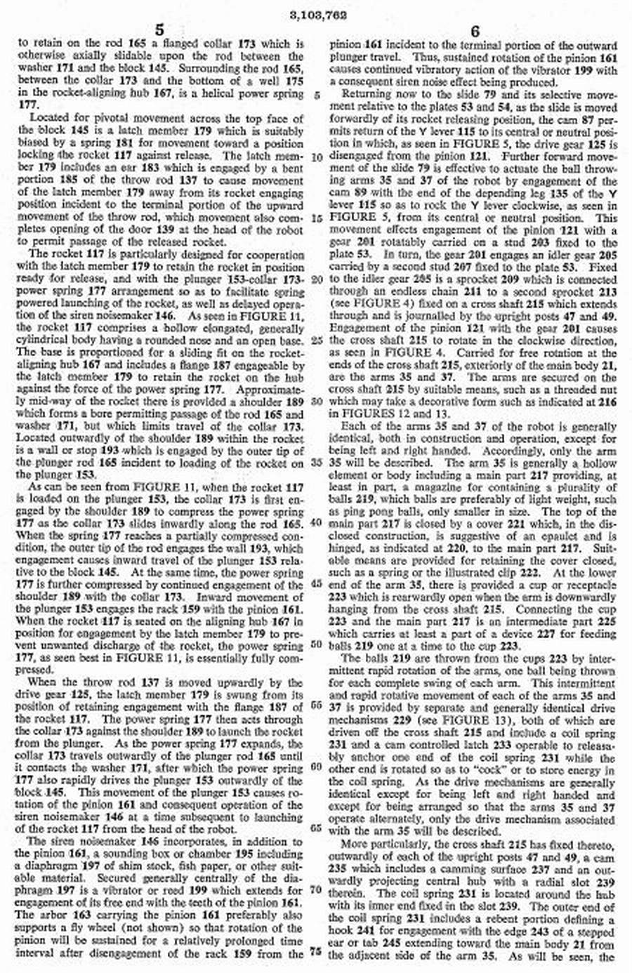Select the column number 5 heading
[160, 30]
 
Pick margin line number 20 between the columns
[317, 279]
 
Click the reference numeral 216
[606, 402]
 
